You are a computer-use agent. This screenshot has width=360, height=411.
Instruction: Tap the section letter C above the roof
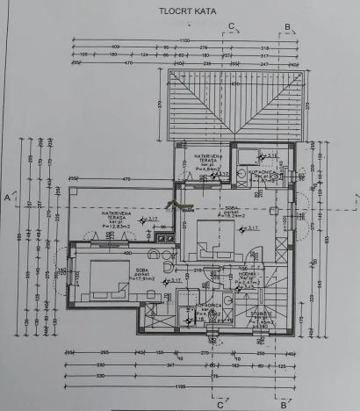pos(231,25)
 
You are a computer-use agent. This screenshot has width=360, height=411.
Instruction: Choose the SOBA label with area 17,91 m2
pos(141,275)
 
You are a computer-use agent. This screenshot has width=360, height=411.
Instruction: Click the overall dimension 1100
pos(185,41)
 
